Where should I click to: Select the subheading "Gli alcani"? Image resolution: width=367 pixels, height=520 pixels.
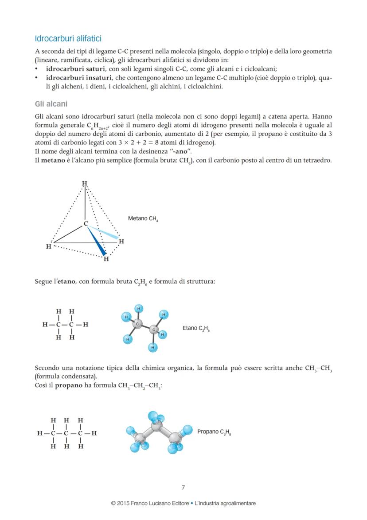pyautogui.click(x=51, y=104)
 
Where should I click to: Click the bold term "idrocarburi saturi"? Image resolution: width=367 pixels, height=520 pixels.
pyautogui.click(x=76, y=69)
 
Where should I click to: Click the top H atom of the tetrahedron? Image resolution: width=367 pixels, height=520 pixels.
pyautogui.click(x=85, y=183)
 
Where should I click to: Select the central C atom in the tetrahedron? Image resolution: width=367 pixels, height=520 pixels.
pyautogui.click(x=86, y=223)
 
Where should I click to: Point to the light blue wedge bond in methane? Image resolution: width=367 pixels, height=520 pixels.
pyautogui.click(x=104, y=233)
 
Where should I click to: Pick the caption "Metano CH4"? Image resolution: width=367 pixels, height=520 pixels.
pyautogui.click(x=143, y=219)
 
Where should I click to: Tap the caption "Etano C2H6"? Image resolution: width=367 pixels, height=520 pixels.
pyautogui.click(x=196, y=329)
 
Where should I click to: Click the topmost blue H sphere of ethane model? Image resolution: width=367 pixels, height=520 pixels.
pyautogui.click(x=139, y=309)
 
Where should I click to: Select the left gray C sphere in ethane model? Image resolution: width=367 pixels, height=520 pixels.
pyautogui.click(x=137, y=324)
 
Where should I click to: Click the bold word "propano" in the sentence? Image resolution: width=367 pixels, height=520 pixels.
pyautogui.click(x=69, y=385)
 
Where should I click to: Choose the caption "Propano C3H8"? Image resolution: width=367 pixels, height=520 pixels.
pyautogui.click(x=214, y=432)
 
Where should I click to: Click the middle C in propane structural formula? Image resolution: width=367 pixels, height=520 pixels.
pyautogui.click(x=66, y=433)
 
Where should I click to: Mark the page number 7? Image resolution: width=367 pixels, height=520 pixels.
pyautogui.click(x=183, y=488)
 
